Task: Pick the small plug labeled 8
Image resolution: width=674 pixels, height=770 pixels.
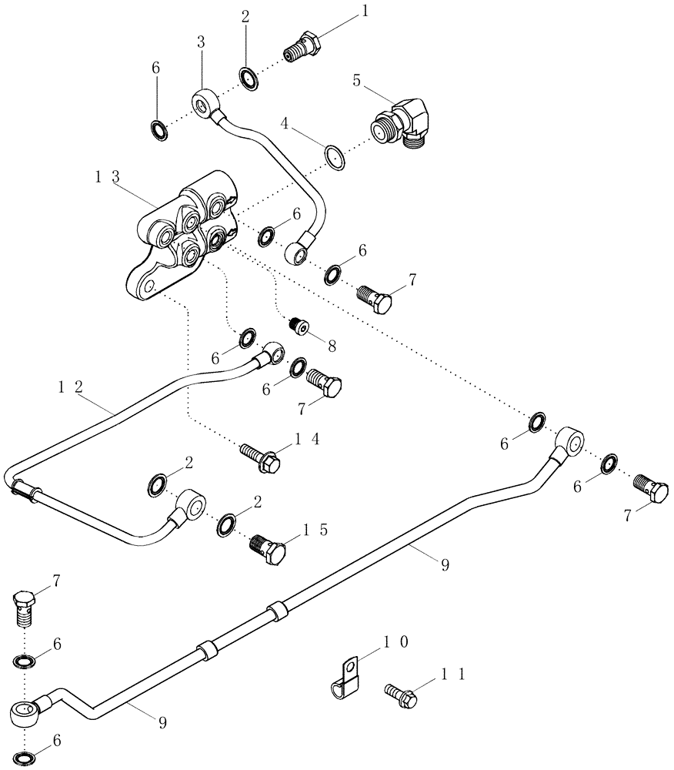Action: click(x=298, y=326)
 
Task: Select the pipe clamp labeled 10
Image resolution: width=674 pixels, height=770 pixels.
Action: click(x=342, y=674)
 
